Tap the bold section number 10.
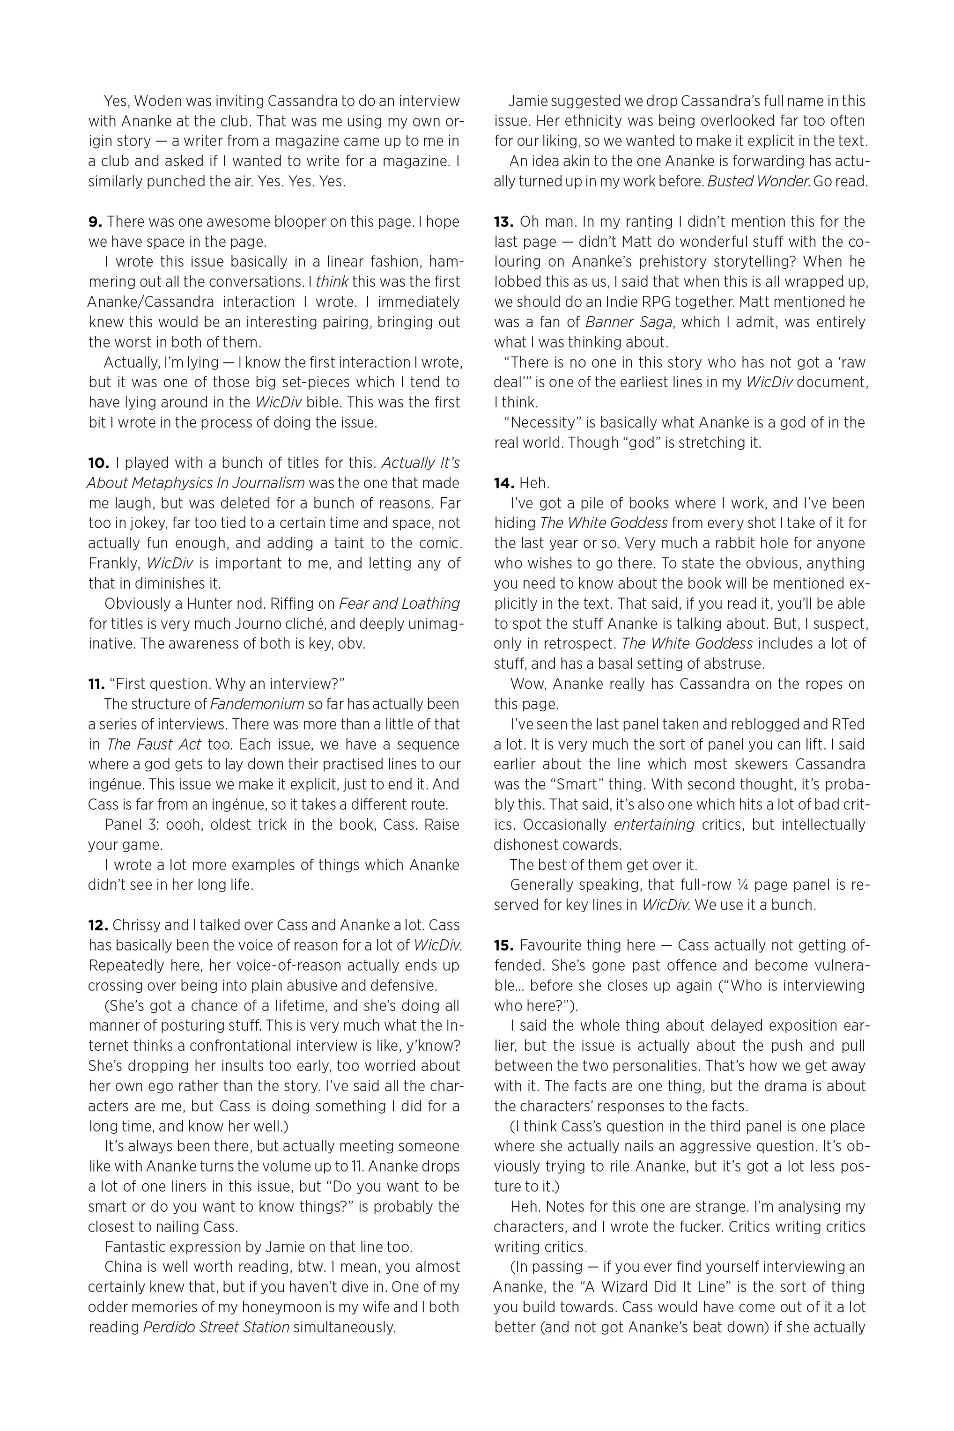coord(98,463)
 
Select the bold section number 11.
coord(96,684)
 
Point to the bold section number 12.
coord(98,925)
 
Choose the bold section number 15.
coord(504,945)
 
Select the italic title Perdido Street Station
coord(216,1327)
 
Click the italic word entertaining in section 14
coord(654,825)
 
